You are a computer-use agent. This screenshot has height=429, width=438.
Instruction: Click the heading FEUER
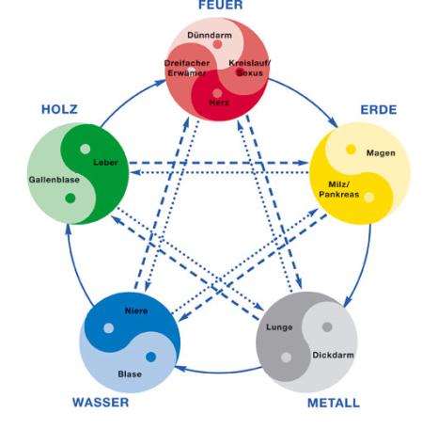tap(219, 6)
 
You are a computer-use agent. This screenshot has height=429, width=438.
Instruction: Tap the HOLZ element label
tap(59, 109)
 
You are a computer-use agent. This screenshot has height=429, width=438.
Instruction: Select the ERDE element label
tap(379, 109)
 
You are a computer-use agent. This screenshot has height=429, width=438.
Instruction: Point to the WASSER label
tap(101, 403)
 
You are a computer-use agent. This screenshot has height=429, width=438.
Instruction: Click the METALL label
tap(333, 403)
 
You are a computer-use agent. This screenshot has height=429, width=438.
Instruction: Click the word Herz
tap(218, 101)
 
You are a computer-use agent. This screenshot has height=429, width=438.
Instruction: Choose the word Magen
tap(380, 152)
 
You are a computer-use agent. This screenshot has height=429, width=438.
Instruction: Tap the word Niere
tap(135, 310)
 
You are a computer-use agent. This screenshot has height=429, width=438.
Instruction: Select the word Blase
tap(130, 373)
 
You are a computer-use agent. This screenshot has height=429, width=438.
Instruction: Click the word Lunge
tap(279, 327)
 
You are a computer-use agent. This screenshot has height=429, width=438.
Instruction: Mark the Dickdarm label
tap(331, 356)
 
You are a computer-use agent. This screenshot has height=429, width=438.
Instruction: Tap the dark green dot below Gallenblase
tap(70, 198)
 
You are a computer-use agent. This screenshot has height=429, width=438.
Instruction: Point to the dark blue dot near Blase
tap(150, 357)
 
